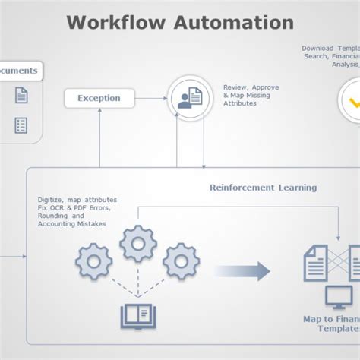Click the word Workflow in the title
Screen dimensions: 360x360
coord(113,22)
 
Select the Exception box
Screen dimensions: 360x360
coord(99,98)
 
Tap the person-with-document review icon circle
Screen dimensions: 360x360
coord(188,97)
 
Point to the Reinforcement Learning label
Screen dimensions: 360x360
coord(263,187)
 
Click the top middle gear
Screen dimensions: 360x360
coord(138,244)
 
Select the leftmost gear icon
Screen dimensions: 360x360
coord(94,261)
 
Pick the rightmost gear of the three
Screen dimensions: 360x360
coord(182,261)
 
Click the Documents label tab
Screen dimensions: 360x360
coord(19,71)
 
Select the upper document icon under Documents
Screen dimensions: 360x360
coord(22,96)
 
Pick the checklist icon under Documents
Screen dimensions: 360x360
coord(21,125)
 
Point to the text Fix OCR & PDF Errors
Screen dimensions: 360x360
coord(74,207)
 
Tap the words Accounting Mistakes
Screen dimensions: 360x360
coord(72,224)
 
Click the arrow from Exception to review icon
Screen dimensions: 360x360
coord(152,98)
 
